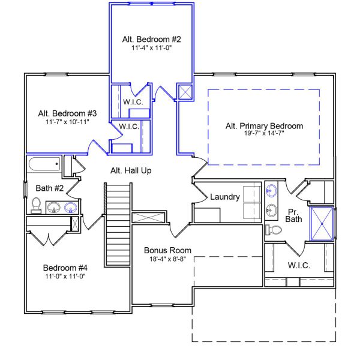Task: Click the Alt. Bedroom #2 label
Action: (x=152, y=40)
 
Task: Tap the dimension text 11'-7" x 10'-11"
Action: (x=67, y=122)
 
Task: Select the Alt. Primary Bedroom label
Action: (x=264, y=126)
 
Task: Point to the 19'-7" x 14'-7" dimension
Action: (x=264, y=134)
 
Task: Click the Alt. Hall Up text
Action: (x=131, y=170)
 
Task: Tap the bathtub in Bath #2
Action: (x=44, y=163)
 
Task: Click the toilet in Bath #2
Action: (x=36, y=206)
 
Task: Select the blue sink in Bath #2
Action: (x=71, y=208)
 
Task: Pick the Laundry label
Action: (x=225, y=197)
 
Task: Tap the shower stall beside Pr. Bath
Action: (x=322, y=223)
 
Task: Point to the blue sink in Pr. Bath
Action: (x=272, y=191)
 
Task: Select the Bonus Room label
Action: (x=167, y=250)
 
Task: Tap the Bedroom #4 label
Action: (x=65, y=268)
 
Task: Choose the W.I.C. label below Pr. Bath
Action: (x=298, y=265)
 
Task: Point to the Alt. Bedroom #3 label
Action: (x=67, y=113)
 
